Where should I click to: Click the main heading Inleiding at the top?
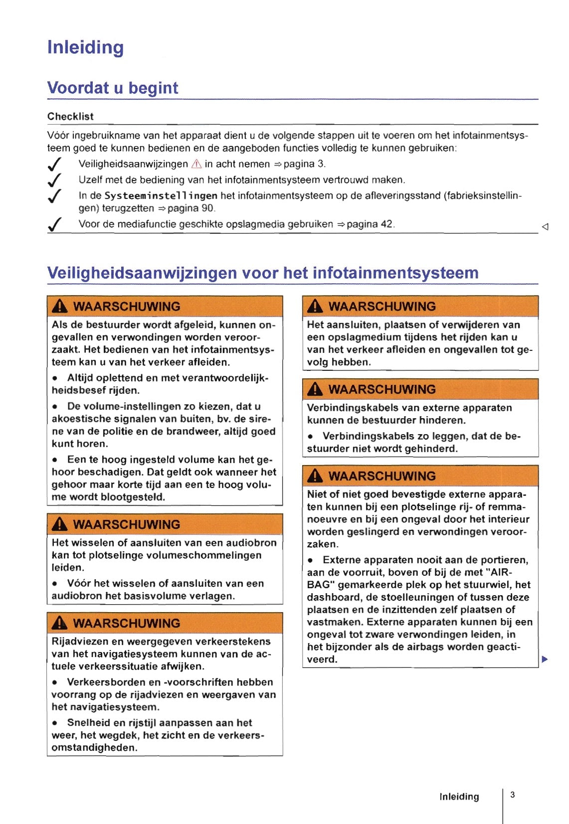click(85, 48)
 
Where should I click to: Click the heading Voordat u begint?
click(112, 88)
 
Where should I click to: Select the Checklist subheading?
click(70, 117)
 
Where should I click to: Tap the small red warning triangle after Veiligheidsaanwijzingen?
click(196, 164)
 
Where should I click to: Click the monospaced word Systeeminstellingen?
click(161, 196)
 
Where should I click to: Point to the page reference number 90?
click(207, 208)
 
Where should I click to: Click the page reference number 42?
click(386, 224)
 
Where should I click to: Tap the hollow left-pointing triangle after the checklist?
click(545, 227)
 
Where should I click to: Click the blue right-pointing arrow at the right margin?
click(545, 659)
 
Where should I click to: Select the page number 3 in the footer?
click(513, 795)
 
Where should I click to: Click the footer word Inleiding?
click(459, 797)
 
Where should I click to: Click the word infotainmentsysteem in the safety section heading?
click(395, 273)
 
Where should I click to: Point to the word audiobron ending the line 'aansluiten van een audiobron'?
click(251, 543)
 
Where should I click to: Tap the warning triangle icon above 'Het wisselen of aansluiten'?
click(59, 524)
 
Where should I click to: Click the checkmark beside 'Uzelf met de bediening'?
click(54, 180)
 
